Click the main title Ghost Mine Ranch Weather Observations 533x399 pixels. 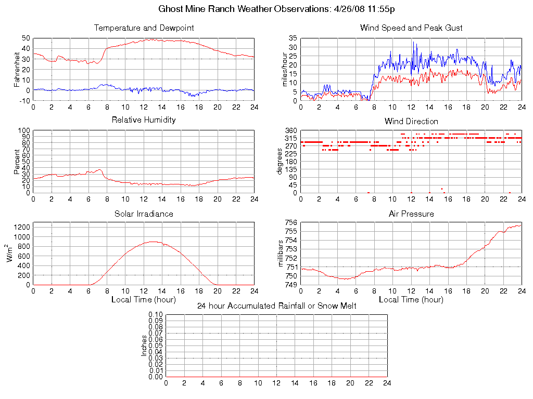pos(266,9)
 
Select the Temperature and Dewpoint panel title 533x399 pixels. pos(144,28)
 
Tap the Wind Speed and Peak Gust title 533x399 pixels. pos(411,28)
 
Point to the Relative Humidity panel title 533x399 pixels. pos(144,120)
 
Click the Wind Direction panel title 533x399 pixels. pos(411,121)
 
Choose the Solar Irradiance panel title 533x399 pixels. pos(144,214)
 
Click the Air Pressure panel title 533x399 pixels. pos(411,214)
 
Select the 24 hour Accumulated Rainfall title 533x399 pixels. pos(276,306)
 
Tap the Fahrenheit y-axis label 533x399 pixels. pos(17,69)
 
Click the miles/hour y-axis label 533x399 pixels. pos(284,69)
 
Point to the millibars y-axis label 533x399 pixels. pos(281,254)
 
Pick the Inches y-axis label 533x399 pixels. pos(145,345)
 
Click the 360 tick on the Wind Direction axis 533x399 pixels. pos(291,130)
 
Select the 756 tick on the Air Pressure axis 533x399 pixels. pos(291,223)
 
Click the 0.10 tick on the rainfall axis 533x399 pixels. pos(156,315)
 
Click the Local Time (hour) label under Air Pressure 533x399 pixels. pos(411,300)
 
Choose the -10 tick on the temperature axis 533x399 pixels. pos(24,100)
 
